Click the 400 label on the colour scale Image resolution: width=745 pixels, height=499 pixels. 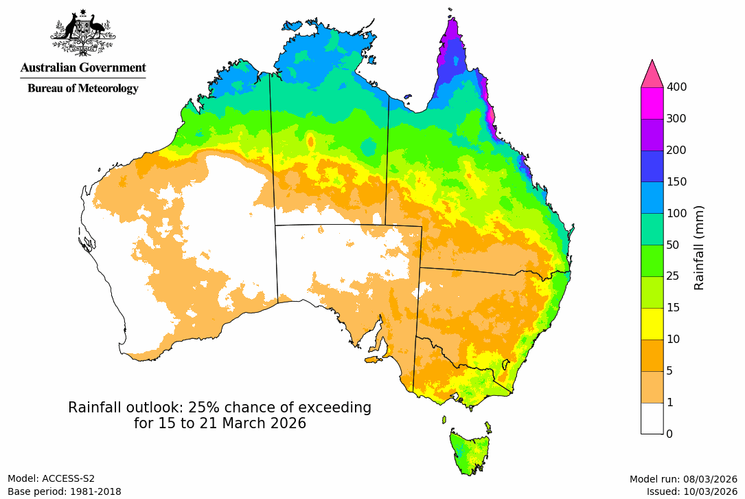(677, 87)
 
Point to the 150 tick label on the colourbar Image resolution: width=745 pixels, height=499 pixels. (677, 181)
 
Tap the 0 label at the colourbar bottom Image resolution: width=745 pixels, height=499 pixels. (669, 434)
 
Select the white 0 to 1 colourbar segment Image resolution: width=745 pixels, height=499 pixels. (652, 418)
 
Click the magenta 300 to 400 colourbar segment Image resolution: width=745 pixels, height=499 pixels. (652, 103)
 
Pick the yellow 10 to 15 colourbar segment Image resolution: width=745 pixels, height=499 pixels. (652, 324)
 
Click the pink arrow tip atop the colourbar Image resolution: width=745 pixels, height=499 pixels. (652, 72)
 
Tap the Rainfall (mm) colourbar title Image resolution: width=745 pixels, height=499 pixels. (700, 247)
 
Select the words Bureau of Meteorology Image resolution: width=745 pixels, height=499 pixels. (82, 88)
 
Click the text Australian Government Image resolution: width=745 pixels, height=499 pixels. (82, 67)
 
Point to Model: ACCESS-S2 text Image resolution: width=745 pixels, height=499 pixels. (51, 478)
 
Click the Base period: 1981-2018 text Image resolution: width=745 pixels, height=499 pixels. (65, 491)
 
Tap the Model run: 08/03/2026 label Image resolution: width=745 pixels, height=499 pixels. (683, 478)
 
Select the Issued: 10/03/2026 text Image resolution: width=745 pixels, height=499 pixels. (691, 491)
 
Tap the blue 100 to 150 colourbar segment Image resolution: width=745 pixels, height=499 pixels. (652, 197)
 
